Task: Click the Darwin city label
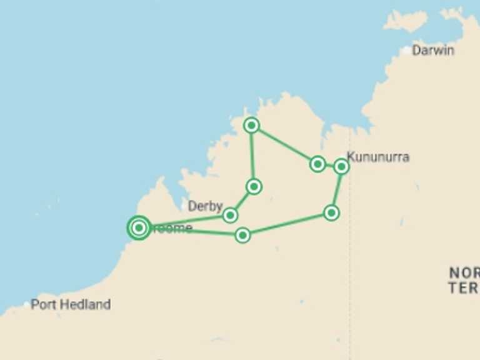432,51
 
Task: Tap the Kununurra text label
378,157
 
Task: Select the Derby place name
205,206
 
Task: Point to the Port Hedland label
71,304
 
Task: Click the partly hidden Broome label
172,228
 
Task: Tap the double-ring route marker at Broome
139,228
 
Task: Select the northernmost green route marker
251,125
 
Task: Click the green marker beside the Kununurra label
341,166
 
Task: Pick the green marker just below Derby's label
230,215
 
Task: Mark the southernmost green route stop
242,235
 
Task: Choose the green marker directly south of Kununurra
331,212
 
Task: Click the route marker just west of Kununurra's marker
317,164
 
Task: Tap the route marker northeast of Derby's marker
254,186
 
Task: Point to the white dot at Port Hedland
26,304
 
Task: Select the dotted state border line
349,262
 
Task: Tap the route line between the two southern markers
287,224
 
